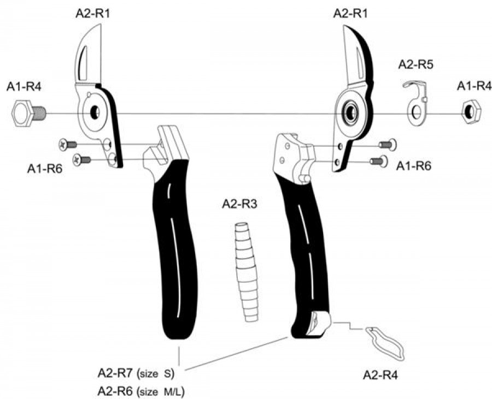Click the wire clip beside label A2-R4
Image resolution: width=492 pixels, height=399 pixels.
tap(386, 344)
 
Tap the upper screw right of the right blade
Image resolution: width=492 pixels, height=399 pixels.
tap(388, 145)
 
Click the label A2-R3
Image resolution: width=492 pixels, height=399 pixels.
tap(240, 204)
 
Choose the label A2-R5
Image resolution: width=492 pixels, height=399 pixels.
tap(415, 64)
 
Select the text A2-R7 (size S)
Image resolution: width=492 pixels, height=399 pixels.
tap(135, 374)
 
